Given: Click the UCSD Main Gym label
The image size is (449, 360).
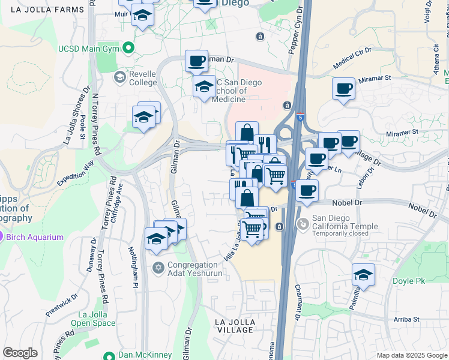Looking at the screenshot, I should (x=88, y=48).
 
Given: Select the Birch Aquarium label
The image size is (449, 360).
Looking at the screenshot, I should (x=35, y=237).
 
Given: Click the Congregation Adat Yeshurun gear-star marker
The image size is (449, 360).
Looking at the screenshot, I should (x=158, y=268).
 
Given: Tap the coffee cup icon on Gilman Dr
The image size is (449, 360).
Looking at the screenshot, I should (x=196, y=61).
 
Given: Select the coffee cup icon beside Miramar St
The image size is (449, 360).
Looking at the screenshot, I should (x=344, y=88).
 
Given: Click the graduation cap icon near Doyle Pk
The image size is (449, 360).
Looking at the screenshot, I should (x=363, y=274).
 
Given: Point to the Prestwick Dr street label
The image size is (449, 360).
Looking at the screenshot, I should (x=62, y=305).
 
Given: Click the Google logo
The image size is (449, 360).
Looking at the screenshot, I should (x=20, y=353).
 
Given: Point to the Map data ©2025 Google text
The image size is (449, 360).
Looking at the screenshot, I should (x=411, y=355).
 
